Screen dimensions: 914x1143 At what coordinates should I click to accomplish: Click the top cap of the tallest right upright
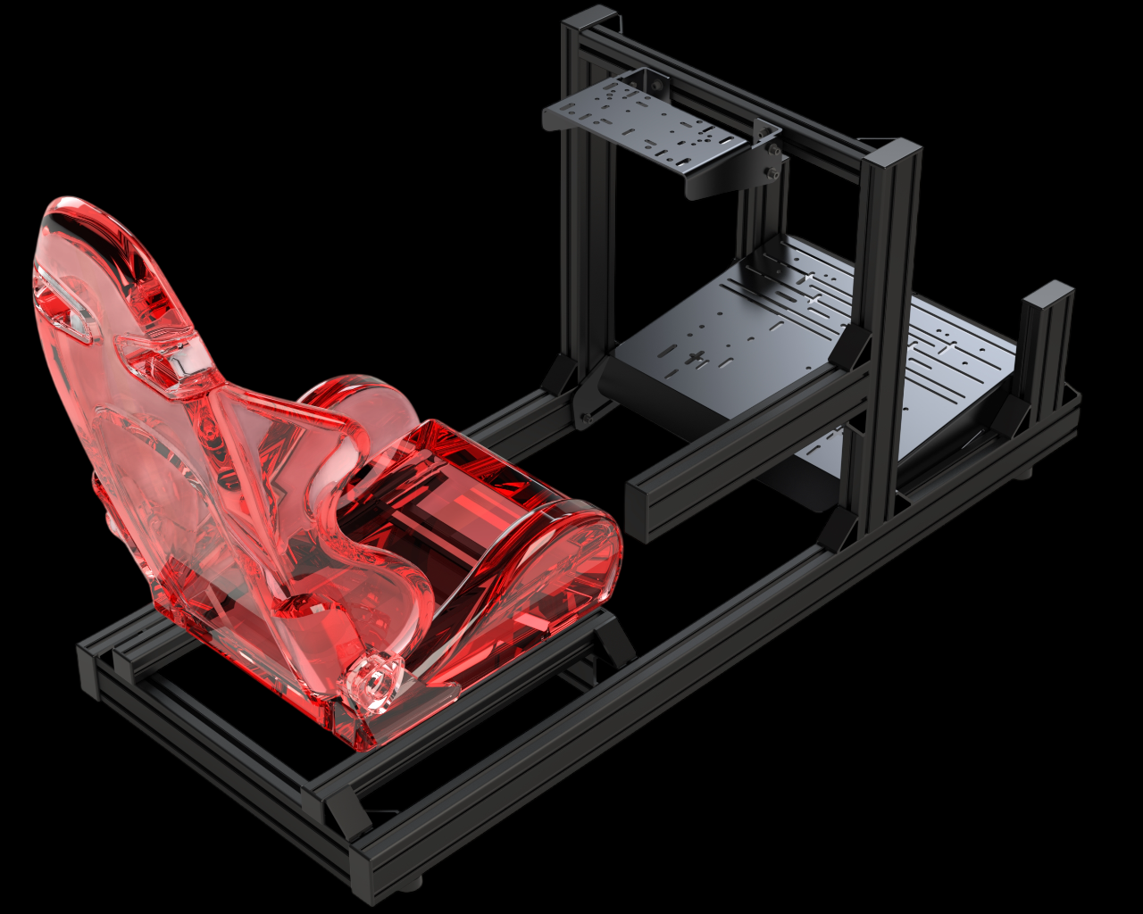click(x=893, y=154)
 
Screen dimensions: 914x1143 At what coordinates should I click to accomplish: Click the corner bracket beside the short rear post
click(x=1014, y=415)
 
